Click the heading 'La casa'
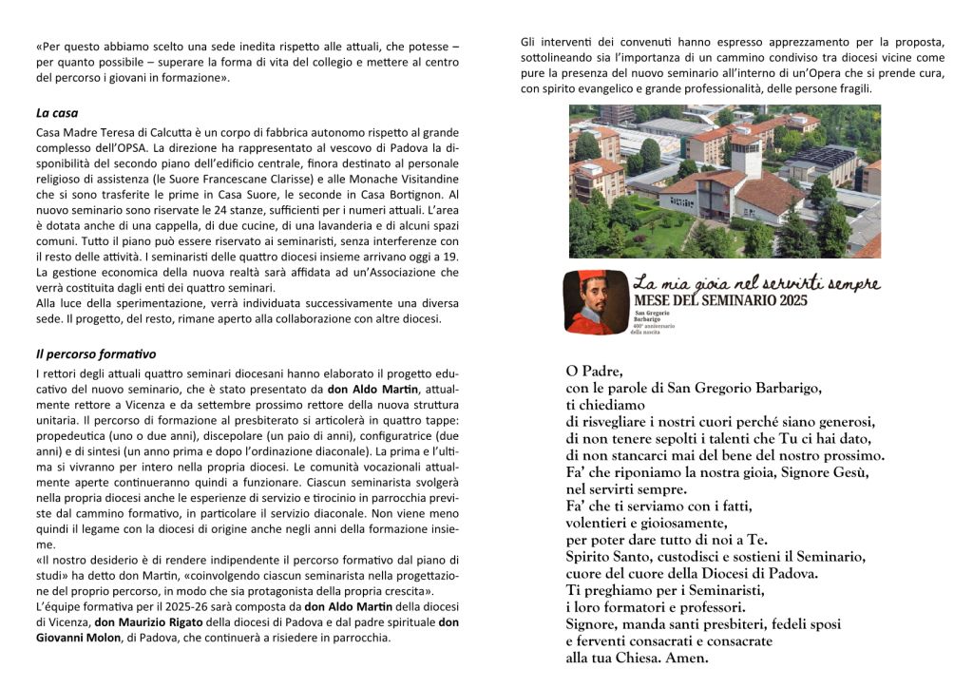click(57, 113)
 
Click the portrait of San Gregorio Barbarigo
click(593, 302)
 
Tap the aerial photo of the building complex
click(724, 182)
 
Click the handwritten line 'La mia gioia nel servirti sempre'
click(756, 282)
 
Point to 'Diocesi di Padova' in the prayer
click(757, 573)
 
